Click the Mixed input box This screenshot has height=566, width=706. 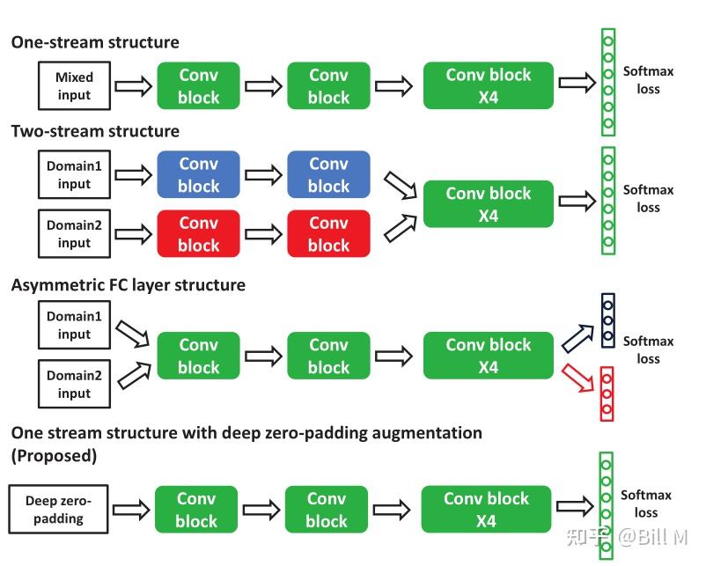click(73, 85)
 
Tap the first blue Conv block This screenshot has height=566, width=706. click(198, 174)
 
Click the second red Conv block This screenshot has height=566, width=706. click(328, 234)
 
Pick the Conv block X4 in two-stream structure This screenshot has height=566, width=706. click(488, 204)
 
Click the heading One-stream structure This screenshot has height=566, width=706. click(95, 42)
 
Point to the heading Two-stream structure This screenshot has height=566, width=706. click(95, 131)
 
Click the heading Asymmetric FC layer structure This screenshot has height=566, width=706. click(129, 285)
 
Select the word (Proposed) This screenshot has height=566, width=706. click(54, 456)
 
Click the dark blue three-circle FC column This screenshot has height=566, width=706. click(607, 320)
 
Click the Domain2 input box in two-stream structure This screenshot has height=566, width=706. click(74, 234)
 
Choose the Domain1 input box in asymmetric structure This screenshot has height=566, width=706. click(74, 325)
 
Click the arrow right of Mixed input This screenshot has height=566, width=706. click(133, 86)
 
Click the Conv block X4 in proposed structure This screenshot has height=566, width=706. click(486, 509)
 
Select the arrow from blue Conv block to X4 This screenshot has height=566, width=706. click(397, 184)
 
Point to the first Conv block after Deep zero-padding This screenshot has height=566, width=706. click(195, 510)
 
